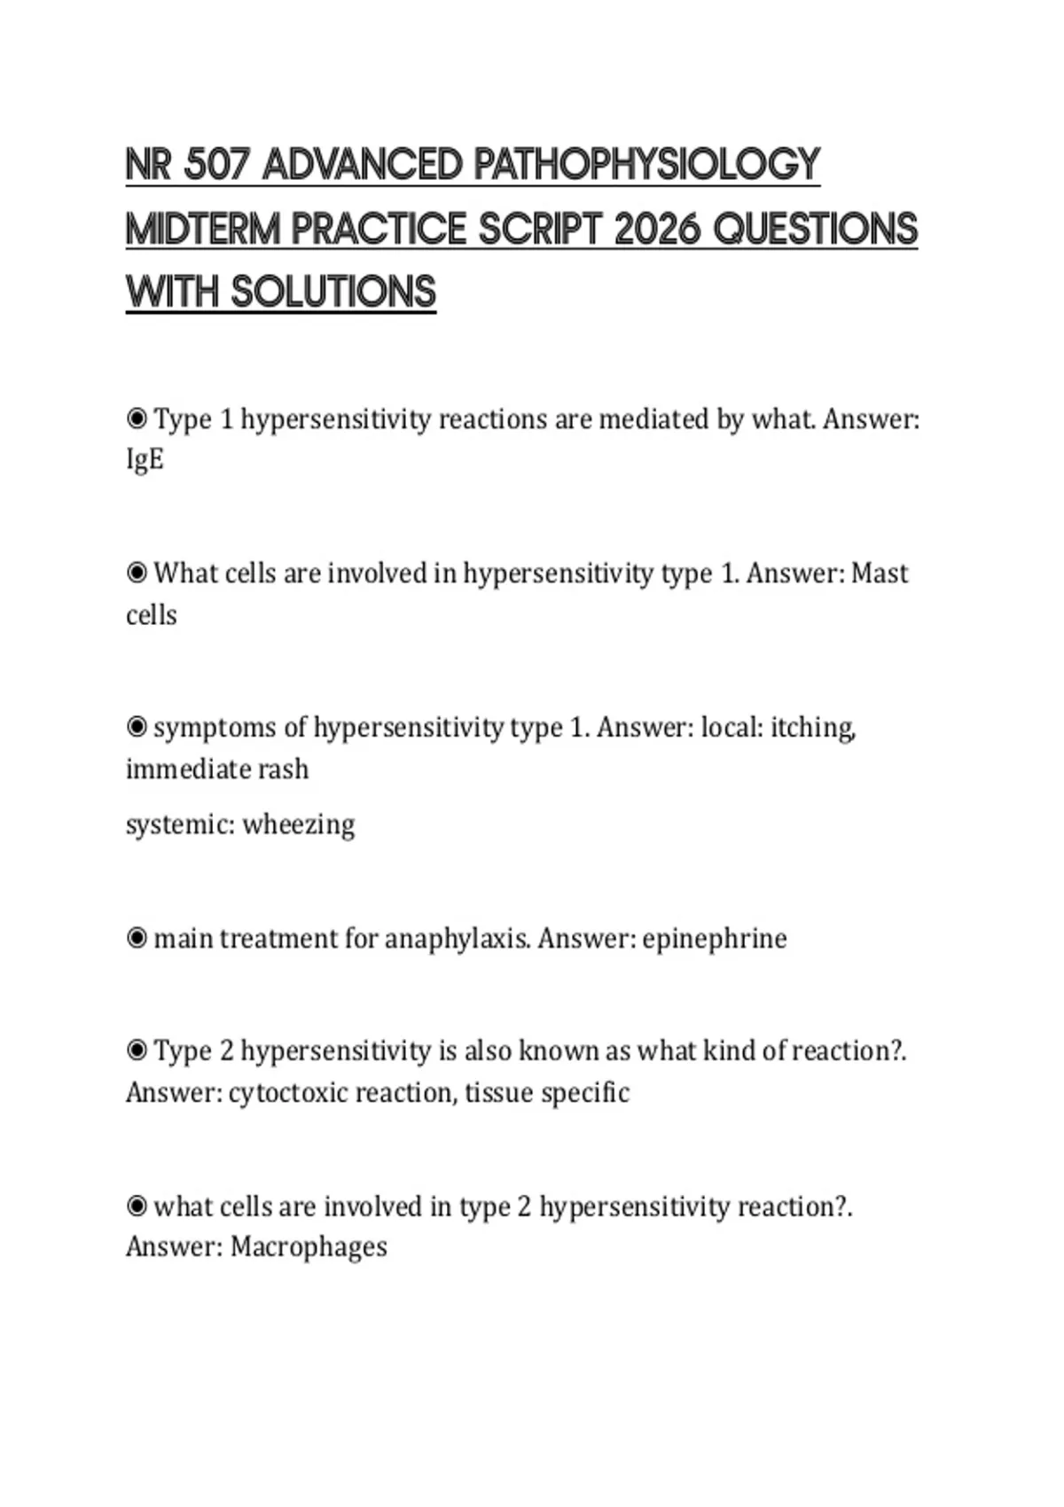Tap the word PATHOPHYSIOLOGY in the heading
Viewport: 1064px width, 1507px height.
pyautogui.click(x=646, y=166)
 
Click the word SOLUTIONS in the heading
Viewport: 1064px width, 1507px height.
pyautogui.click(x=333, y=293)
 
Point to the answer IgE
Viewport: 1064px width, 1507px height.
pyautogui.click(x=145, y=460)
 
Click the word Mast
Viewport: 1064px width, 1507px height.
pyautogui.click(x=880, y=574)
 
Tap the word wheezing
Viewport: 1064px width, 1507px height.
pyautogui.click(x=299, y=824)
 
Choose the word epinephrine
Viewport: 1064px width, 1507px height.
pyautogui.click(x=714, y=939)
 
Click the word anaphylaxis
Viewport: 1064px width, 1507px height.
pyautogui.click(x=458, y=939)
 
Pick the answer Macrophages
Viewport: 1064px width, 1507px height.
pyautogui.click(x=309, y=1247)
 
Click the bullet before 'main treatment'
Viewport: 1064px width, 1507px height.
pyautogui.click(x=137, y=938)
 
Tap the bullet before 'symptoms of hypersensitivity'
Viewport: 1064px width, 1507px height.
pyautogui.click(x=137, y=727)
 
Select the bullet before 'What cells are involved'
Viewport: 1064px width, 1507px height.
pyautogui.click(x=137, y=573)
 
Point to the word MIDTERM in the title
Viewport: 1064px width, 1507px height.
pyautogui.click(x=203, y=230)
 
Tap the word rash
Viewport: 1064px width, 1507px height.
pyautogui.click(x=283, y=769)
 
